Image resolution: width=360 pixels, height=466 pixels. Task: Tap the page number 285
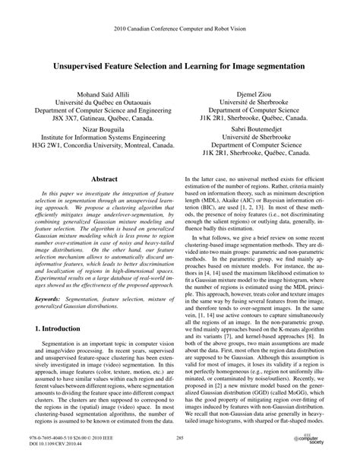point(180,439)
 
